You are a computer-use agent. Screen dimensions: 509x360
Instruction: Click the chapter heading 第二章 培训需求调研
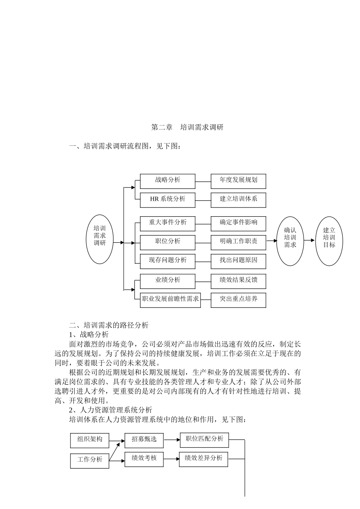coord(187,127)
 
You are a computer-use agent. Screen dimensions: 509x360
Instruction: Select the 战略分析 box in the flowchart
coord(167,181)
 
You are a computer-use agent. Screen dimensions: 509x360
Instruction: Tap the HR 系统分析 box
coord(167,200)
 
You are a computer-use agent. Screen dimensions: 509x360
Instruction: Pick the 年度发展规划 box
coord(238,181)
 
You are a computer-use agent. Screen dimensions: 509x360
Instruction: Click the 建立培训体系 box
coord(238,200)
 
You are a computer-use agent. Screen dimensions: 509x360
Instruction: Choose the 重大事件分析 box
coord(167,223)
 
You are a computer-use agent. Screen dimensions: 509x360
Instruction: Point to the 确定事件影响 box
coord(238,223)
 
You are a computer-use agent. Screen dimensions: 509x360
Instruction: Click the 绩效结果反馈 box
coord(238,281)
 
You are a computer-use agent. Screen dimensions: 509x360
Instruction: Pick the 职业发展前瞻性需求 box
coord(170,300)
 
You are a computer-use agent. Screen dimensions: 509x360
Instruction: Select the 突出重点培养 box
coord(238,300)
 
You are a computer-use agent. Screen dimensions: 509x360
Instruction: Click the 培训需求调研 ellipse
coord(100,239)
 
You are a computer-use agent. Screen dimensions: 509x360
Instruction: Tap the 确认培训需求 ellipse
coord(290,241)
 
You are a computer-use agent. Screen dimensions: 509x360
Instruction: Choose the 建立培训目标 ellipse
coord(329,241)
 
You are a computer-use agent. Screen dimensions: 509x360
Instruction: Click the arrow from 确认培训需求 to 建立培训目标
coord(309,240)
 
